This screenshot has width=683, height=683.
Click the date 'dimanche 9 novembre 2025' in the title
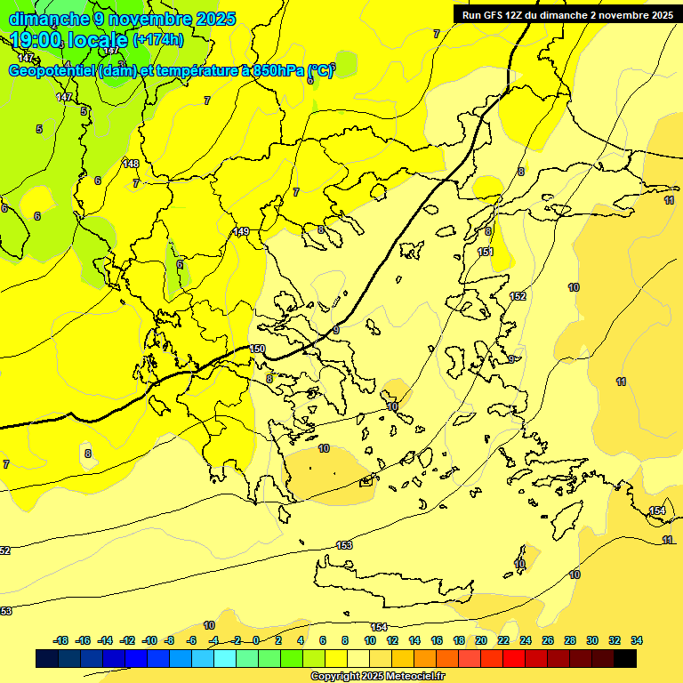(122, 18)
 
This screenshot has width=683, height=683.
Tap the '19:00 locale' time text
(69, 39)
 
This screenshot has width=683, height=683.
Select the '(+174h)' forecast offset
(158, 40)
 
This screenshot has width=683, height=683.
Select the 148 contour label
(131, 164)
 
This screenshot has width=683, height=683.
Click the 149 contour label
(241, 231)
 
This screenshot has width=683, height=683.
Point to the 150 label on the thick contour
(257, 349)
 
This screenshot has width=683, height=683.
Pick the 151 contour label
(486, 252)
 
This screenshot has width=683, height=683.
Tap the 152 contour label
(518, 296)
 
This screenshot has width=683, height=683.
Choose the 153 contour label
(344, 545)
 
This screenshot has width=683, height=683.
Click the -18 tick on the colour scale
(61, 640)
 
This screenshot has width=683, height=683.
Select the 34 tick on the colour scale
(637, 640)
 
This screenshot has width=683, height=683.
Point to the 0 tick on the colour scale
(256, 640)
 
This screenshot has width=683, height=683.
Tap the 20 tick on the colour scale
(480, 640)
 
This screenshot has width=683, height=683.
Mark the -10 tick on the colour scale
(149, 640)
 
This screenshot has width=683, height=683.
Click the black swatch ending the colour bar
(625, 659)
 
